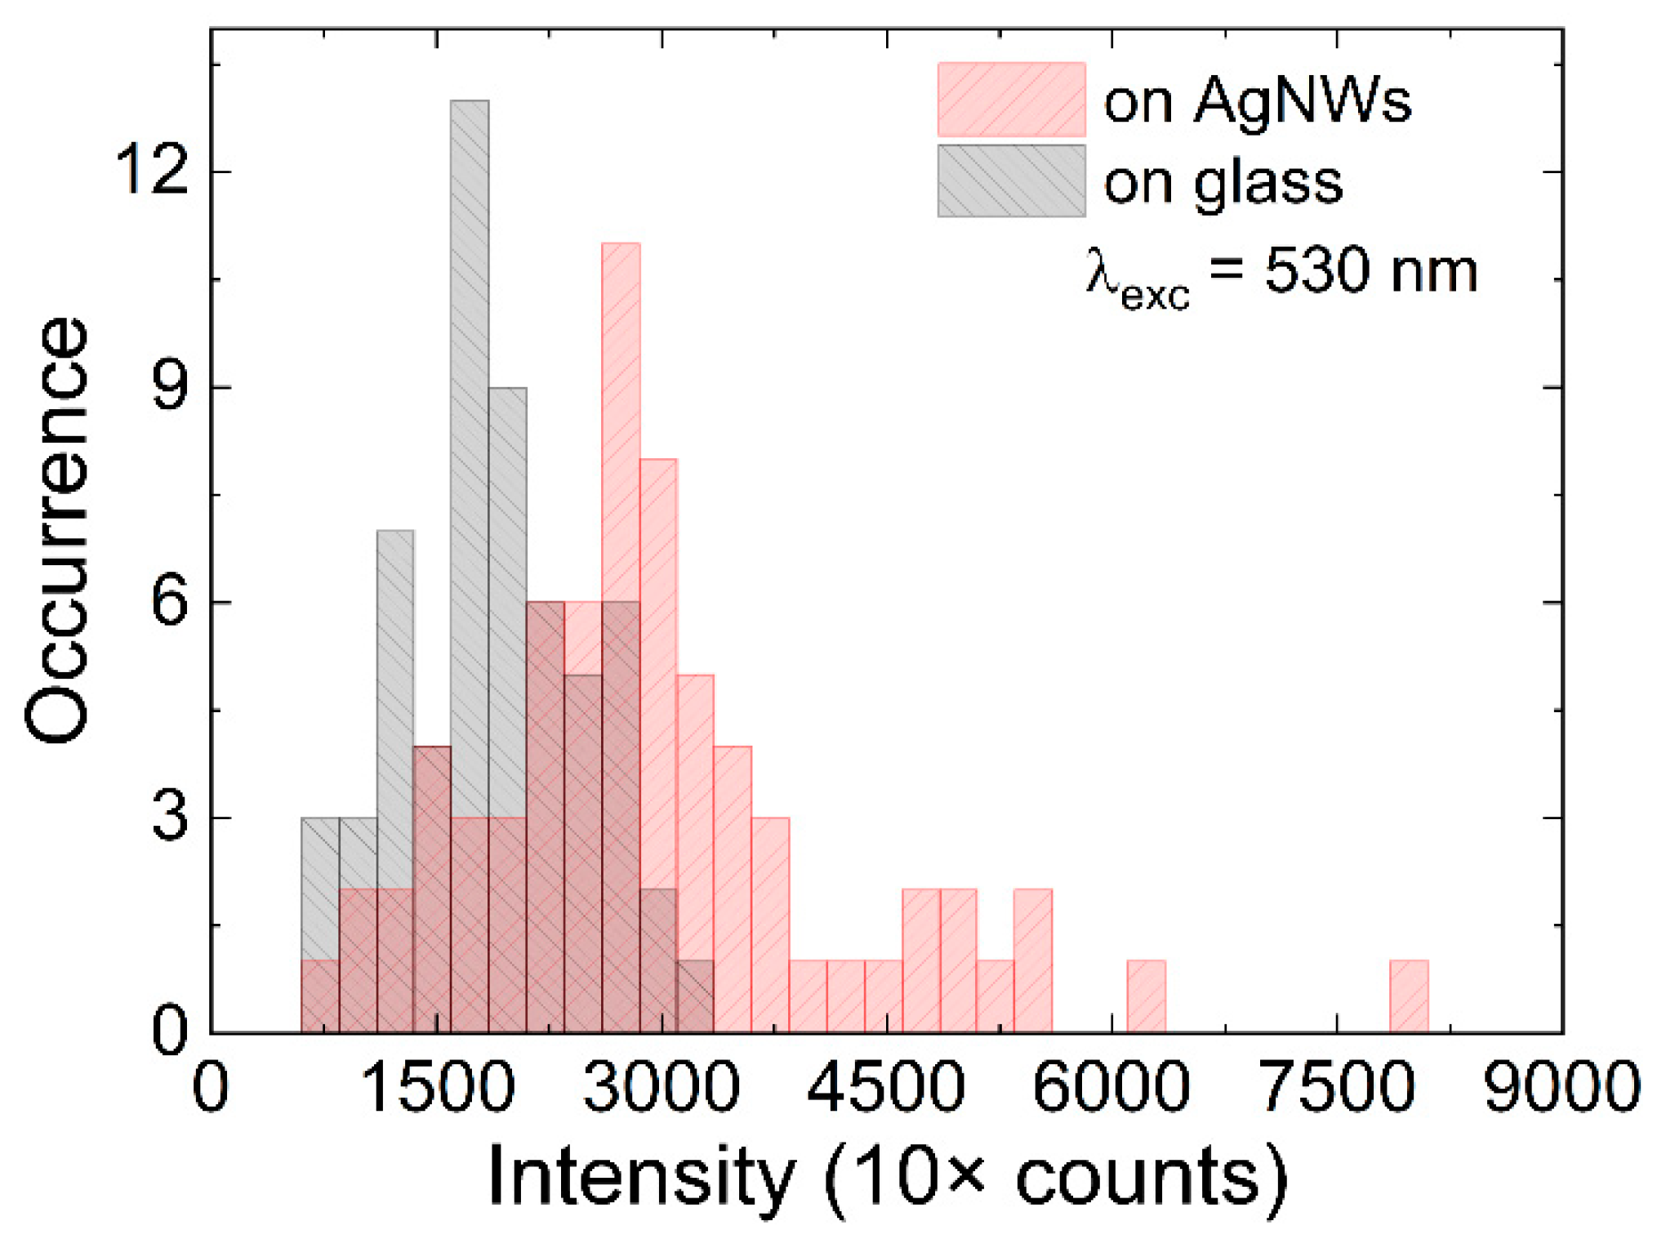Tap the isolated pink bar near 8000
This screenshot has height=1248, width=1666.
(x=1409, y=996)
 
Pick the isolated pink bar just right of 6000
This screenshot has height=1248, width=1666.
(x=1146, y=996)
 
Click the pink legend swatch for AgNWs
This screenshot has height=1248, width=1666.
(x=1011, y=99)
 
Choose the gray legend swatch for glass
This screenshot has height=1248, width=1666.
(x=1011, y=181)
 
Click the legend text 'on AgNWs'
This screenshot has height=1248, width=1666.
(x=1258, y=102)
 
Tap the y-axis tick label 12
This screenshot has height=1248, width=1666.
(x=152, y=171)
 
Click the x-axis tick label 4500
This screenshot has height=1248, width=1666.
(x=886, y=1088)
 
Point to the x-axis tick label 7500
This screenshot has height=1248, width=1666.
(x=1337, y=1088)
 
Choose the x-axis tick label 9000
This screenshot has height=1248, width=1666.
(x=1561, y=1088)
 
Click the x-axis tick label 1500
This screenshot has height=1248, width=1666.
(x=438, y=1088)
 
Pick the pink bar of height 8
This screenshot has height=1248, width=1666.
(x=658, y=653)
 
